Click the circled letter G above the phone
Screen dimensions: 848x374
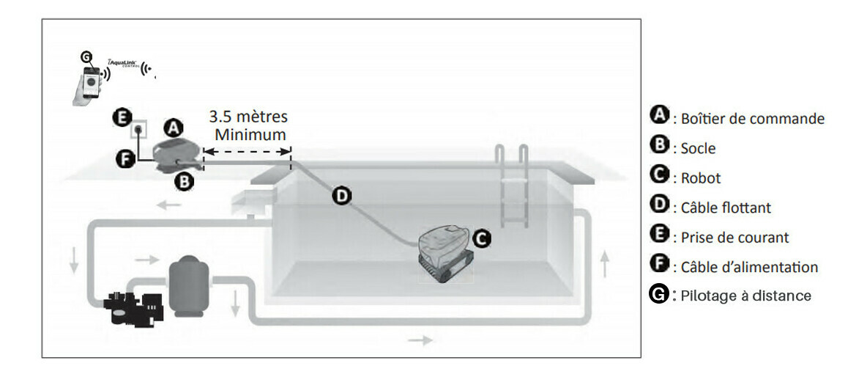86,56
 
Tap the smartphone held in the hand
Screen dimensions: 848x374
92,82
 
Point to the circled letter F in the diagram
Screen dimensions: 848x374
124,159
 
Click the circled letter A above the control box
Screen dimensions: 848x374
173,128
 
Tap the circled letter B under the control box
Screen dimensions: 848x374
185,182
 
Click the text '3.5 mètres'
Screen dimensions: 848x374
248,117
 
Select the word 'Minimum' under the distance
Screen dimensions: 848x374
250,135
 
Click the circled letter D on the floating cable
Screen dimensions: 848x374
341,196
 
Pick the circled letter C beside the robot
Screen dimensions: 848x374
482,237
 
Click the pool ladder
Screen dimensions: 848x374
511,187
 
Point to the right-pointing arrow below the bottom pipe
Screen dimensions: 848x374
420,340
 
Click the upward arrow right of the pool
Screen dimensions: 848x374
605,265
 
